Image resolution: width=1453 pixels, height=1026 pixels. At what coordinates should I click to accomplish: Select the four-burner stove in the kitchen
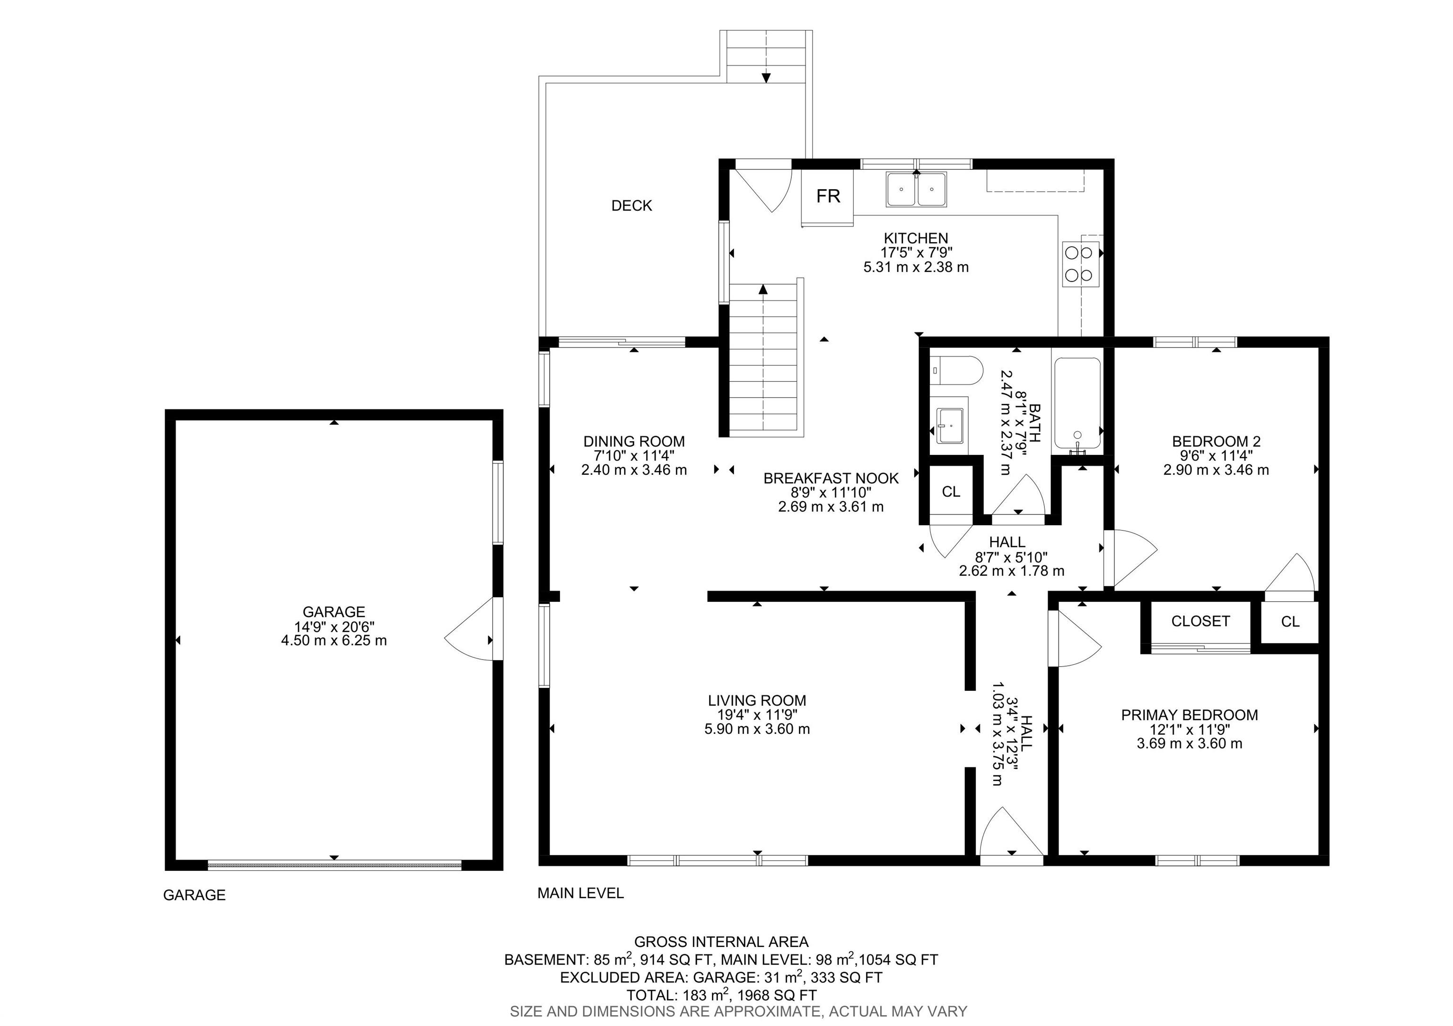pos(1079,264)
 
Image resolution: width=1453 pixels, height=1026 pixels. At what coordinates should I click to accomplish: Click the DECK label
pos(631,206)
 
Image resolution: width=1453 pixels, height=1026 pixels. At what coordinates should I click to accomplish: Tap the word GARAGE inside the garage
pos(333,612)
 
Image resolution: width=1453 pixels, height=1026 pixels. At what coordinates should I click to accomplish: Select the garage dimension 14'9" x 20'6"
pos(333,626)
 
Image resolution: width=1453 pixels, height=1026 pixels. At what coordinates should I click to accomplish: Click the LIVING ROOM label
pos(757,700)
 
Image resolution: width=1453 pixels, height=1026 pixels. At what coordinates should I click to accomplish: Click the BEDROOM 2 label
pos(1216,442)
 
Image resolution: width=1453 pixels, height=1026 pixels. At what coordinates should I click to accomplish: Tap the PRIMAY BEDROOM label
pos(1189,715)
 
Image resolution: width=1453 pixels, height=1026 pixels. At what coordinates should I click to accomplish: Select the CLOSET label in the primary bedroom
pos(1200,621)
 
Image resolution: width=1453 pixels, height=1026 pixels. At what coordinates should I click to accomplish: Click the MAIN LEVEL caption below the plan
pos(580,893)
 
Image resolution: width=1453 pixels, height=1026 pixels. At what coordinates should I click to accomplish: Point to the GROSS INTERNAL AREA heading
pos(721,942)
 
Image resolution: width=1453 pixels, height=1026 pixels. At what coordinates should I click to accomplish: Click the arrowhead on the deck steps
pos(766,78)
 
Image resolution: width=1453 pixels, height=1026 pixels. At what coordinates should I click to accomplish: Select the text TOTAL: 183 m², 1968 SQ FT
pos(721,995)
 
